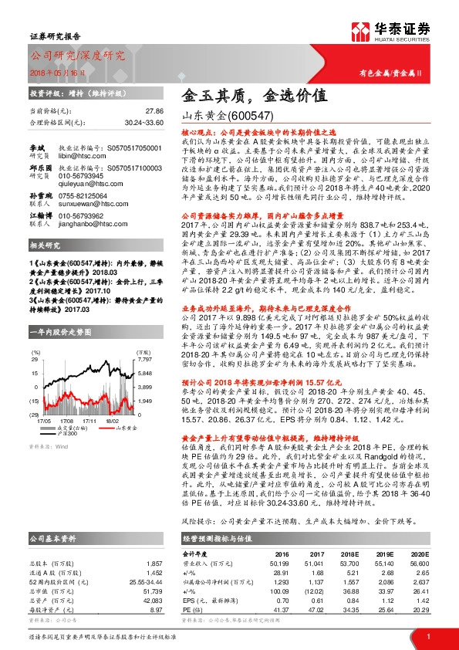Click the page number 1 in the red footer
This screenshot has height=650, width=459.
[427, 636]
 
